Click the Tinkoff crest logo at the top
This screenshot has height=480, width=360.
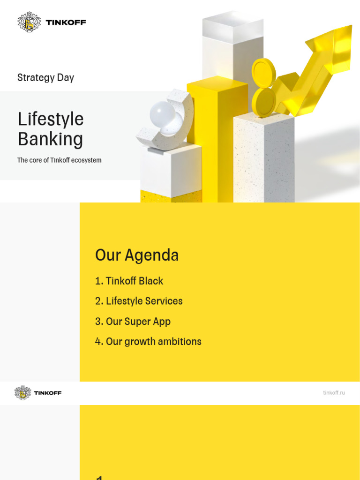click(x=30, y=22)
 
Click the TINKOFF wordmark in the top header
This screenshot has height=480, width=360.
click(x=66, y=22)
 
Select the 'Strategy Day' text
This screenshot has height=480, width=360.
click(x=45, y=78)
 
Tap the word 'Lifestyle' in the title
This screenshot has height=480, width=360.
click(x=51, y=119)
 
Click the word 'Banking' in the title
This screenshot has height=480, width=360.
click(x=50, y=139)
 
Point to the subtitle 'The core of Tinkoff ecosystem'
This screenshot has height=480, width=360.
click(x=59, y=160)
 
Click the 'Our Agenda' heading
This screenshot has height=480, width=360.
click(x=136, y=255)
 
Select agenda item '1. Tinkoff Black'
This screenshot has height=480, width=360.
click(x=129, y=281)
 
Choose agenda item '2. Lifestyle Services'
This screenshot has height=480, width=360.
click(x=139, y=301)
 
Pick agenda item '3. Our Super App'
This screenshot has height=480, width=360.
click(x=133, y=322)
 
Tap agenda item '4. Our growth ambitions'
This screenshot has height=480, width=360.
click(x=148, y=342)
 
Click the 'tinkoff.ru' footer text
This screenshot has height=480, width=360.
click(x=334, y=393)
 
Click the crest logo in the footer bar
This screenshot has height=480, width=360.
click(x=22, y=393)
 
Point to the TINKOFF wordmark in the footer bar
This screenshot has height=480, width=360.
click(x=47, y=393)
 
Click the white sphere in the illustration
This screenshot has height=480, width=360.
click(x=162, y=114)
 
